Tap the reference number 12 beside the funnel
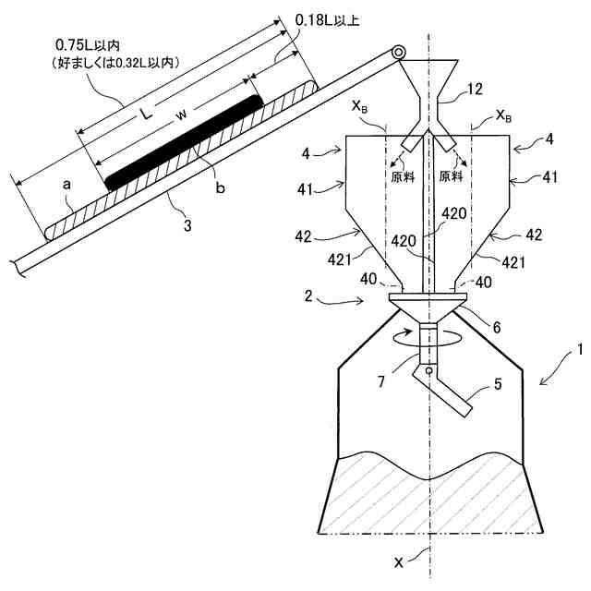[x=474, y=90]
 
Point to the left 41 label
[x=311, y=190]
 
